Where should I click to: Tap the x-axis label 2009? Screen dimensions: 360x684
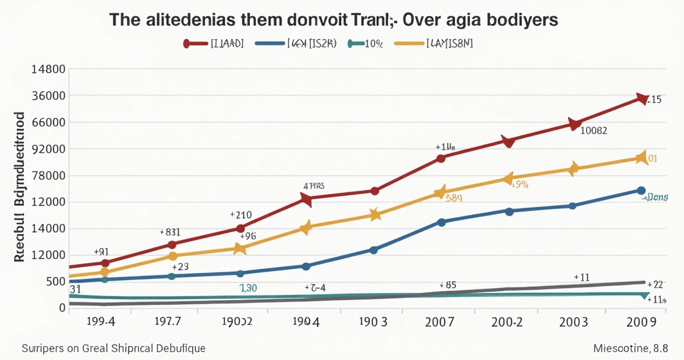tap(641, 322)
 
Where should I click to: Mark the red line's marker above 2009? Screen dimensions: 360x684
tap(641, 99)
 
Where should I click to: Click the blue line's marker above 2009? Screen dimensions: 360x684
tap(641, 191)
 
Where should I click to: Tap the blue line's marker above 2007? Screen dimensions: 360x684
tap(441, 222)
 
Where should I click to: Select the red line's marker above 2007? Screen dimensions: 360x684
tap(441, 158)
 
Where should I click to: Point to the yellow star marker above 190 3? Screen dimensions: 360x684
tap(375, 214)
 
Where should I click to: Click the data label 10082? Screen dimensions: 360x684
tap(593, 130)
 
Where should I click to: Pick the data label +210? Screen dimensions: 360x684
tap(241, 215)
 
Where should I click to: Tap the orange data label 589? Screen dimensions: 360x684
tap(454, 198)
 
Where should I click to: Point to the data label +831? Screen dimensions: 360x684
tap(170, 232)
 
